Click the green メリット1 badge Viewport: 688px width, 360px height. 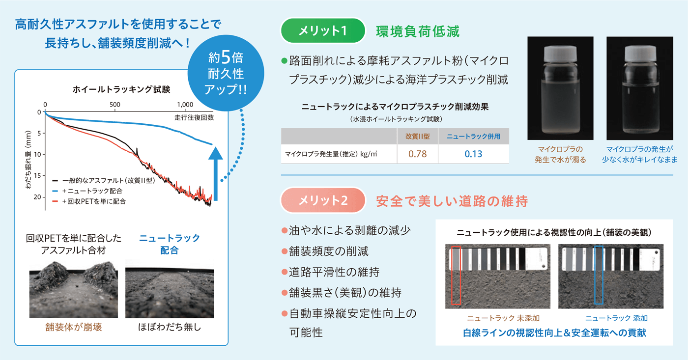point(323,31)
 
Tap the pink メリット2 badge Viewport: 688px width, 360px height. point(323,201)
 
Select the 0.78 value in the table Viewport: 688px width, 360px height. point(417,154)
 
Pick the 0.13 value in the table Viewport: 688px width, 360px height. point(473,154)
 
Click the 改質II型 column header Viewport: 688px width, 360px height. point(417,137)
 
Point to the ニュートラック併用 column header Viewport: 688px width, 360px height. point(473,137)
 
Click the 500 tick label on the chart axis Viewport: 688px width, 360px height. point(115,105)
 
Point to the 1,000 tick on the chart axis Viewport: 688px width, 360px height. point(185,105)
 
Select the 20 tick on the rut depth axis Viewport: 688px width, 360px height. point(38,196)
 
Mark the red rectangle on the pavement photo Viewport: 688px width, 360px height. point(456,276)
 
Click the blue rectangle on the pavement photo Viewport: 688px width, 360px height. point(599,276)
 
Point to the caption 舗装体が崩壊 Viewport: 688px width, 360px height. point(73,327)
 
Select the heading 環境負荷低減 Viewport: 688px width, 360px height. point(418,31)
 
